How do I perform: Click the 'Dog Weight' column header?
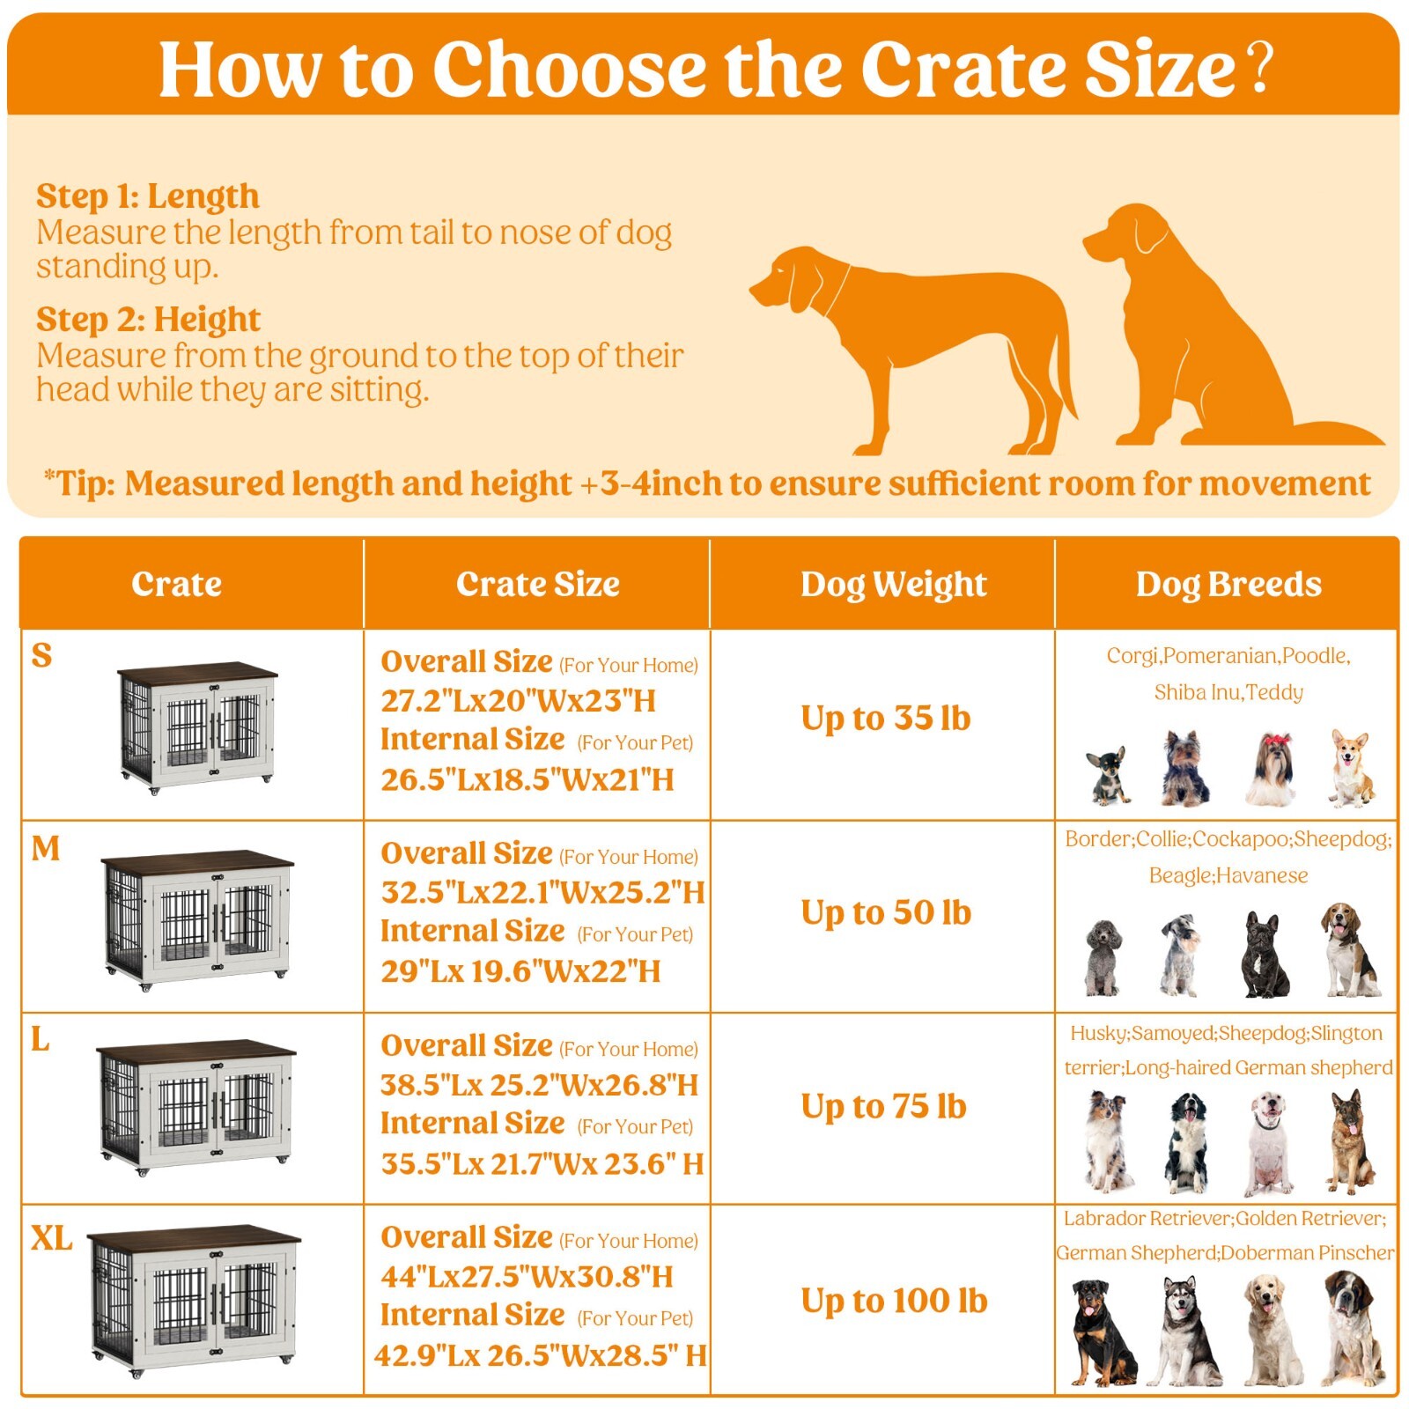coord(893,585)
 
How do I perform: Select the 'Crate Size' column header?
coord(537,585)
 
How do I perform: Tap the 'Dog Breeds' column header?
coord(1228,585)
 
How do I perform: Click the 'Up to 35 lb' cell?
coord(885,719)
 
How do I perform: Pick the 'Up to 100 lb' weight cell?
coord(894,1302)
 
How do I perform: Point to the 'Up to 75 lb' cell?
coord(883,1107)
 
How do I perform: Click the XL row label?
coord(51,1239)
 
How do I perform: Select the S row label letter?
coord(41,656)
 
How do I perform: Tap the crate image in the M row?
coord(197,919)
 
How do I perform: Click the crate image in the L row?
coord(196,1107)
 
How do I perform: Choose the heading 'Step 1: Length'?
coord(148,196)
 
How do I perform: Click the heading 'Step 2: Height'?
coord(148,320)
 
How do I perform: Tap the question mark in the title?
coord(1260,67)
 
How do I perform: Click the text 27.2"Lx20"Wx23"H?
coord(518,702)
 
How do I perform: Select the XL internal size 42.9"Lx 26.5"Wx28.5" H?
coord(540,1356)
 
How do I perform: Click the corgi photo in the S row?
coord(1351,768)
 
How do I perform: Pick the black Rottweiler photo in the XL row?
coord(1102,1333)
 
